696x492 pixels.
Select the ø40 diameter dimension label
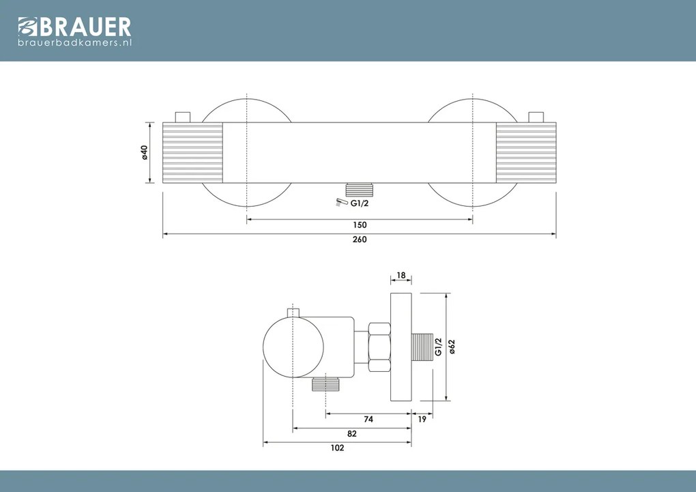(x=145, y=152)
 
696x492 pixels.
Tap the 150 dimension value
(x=360, y=225)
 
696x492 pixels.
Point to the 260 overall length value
(x=360, y=240)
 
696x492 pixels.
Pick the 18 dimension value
(x=401, y=276)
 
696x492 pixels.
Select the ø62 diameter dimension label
(x=452, y=347)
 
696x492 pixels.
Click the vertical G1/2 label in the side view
(x=438, y=347)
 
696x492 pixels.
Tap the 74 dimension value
(x=368, y=420)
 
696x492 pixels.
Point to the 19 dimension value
(x=422, y=420)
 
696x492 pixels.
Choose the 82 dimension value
(x=352, y=434)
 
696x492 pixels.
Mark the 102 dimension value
(x=337, y=448)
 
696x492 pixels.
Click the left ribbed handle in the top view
(x=192, y=152)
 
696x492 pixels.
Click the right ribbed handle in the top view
(x=526, y=152)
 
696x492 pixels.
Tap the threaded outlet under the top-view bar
(x=360, y=188)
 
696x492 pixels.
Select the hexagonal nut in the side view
(x=378, y=347)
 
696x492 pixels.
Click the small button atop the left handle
(x=182, y=117)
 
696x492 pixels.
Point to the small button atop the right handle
(x=536, y=117)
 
